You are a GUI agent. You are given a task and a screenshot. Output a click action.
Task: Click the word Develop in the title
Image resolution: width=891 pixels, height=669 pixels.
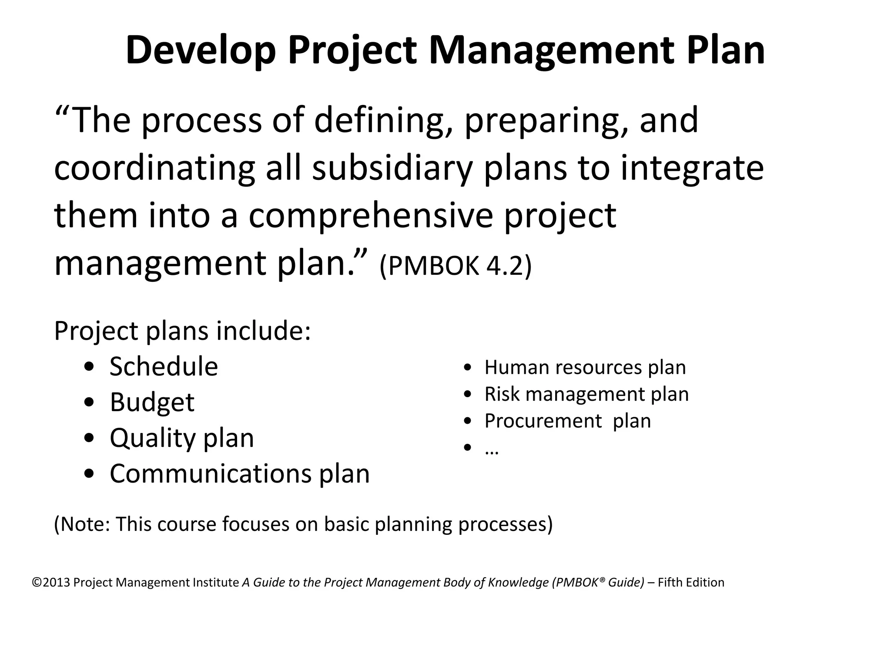[201, 51]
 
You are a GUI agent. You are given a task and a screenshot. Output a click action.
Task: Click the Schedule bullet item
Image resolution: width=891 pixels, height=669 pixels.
[164, 366]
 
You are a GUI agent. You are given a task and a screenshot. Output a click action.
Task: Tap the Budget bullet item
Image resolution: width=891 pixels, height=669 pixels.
[152, 402]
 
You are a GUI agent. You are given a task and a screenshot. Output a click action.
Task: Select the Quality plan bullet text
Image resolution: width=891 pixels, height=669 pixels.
[181, 438]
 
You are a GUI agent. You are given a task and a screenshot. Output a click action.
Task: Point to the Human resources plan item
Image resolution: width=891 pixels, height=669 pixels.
[585, 367]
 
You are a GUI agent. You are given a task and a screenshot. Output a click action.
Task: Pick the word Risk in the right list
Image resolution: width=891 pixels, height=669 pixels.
[502, 394]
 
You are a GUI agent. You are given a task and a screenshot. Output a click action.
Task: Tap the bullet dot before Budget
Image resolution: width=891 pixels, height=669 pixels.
[89, 403]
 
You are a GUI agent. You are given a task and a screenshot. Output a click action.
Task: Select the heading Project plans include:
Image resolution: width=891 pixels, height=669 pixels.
[182, 331]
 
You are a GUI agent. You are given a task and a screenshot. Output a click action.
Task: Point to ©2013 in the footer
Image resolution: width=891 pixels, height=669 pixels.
[51, 583]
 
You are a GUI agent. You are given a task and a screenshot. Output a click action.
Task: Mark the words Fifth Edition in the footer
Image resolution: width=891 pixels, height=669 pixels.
[691, 583]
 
